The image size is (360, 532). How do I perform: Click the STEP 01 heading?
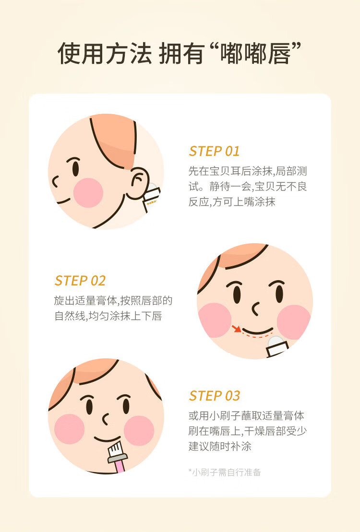tap(214, 151)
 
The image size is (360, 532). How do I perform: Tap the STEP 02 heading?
tap(80, 281)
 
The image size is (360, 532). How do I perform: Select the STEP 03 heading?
tap(215, 396)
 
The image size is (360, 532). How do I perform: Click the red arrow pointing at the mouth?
tap(236, 328)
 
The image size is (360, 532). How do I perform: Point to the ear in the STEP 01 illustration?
tap(139, 183)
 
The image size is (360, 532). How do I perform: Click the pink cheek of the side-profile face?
tap(88, 193)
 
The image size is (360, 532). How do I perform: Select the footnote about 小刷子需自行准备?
tap(225, 472)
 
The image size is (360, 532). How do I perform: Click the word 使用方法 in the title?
tap(105, 54)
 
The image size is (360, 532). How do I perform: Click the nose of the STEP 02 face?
tap(255, 308)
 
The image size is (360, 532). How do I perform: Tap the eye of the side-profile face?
tap(76, 168)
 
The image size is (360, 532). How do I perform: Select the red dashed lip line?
tap(257, 336)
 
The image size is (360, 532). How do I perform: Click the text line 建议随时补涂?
tap(220, 446)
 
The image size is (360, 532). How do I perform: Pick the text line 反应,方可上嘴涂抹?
tap(232, 202)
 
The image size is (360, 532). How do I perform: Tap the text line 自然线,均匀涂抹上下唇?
tap(108, 316)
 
